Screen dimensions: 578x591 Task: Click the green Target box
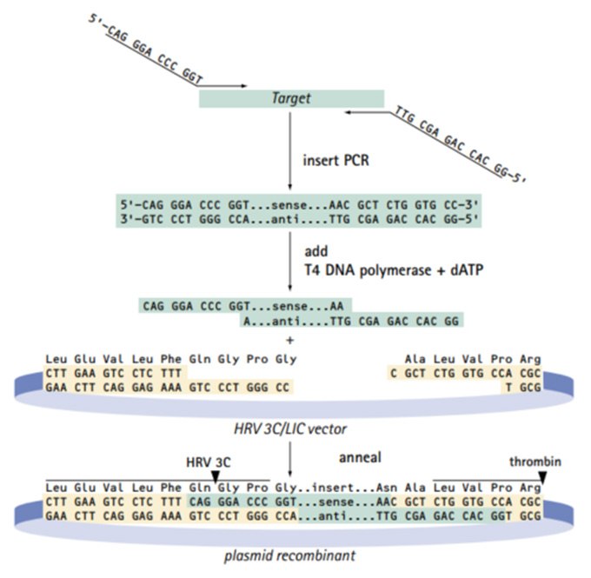(292, 99)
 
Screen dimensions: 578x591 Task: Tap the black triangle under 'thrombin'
(543, 477)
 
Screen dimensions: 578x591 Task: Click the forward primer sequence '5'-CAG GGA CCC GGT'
(149, 51)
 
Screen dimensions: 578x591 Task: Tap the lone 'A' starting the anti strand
(246, 321)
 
